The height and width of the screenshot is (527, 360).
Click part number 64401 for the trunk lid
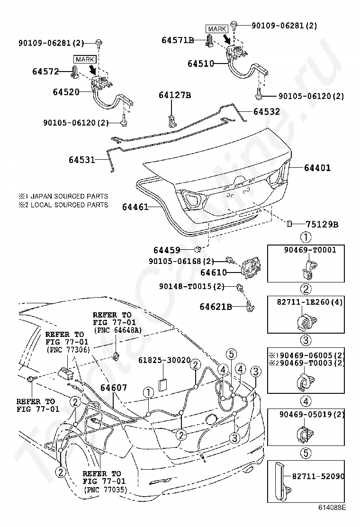click(317, 167)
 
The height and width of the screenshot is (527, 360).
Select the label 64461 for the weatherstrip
click(135, 207)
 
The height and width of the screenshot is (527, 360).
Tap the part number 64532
click(267, 111)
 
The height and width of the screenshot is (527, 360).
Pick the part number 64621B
click(216, 307)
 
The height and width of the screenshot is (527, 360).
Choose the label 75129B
click(322, 224)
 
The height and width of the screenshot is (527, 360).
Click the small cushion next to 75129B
click(289, 224)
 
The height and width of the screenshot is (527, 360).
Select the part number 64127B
click(175, 95)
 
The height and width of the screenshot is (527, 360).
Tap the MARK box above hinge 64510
click(217, 29)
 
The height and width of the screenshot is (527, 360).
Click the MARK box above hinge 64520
click(85, 60)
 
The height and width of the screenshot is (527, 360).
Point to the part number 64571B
click(178, 40)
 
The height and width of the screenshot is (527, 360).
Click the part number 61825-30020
click(164, 360)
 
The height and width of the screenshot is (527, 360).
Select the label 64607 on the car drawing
click(114, 388)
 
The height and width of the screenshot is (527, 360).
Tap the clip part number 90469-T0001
click(310, 250)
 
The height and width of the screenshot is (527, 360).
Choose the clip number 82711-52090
click(318, 476)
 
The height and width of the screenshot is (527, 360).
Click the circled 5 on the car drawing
click(231, 354)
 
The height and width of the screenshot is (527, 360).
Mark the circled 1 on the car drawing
click(148, 392)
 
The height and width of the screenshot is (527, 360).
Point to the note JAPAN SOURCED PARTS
click(69, 196)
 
